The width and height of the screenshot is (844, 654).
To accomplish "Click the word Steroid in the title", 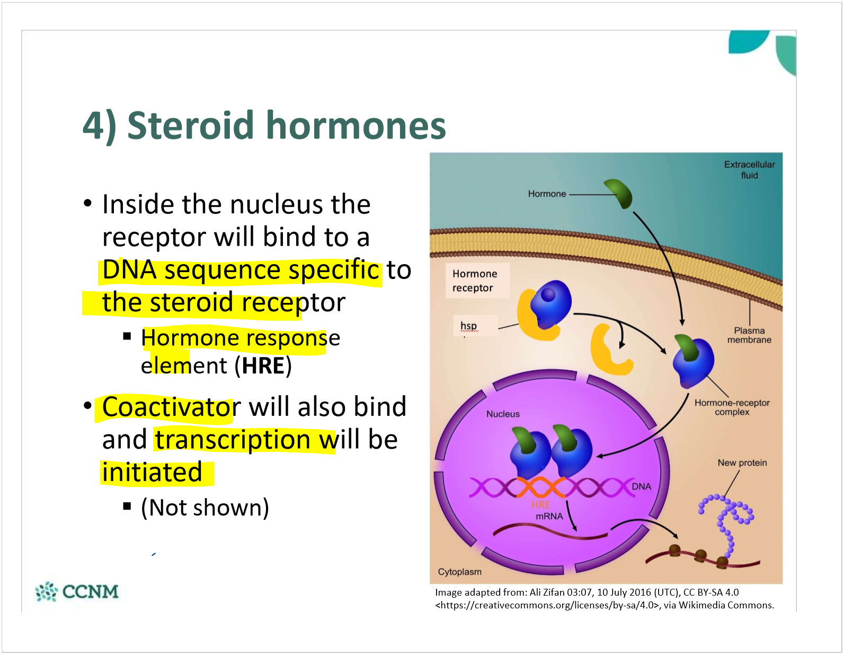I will [x=191, y=126].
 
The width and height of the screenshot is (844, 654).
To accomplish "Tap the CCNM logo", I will [x=77, y=591].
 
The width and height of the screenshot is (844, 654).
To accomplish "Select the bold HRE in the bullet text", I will [x=263, y=366].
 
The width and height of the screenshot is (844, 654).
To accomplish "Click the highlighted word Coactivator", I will [x=171, y=407].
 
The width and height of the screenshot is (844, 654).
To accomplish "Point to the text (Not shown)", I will [x=205, y=508].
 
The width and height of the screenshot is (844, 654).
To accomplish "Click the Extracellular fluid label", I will [x=749, y=170].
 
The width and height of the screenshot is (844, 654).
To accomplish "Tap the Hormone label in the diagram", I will [x=547, y=194].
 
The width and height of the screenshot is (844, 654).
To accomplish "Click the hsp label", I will [x=468, y=326].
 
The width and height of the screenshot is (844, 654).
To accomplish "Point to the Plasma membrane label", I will [x=749, y=335].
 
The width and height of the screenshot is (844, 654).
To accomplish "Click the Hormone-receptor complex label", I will [x=732, y=407].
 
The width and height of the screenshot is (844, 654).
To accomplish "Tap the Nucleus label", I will [x=503, y=414].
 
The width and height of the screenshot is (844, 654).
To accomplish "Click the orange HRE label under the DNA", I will [x=541, y=504].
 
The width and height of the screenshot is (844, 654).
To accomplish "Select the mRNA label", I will [x=549, y=516].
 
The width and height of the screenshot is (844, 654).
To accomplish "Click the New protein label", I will [x=742, y=463].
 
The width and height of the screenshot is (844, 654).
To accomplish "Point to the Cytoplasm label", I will [x=459, y=572].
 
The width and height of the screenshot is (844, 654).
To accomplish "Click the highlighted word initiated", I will [x=153, y=473].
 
